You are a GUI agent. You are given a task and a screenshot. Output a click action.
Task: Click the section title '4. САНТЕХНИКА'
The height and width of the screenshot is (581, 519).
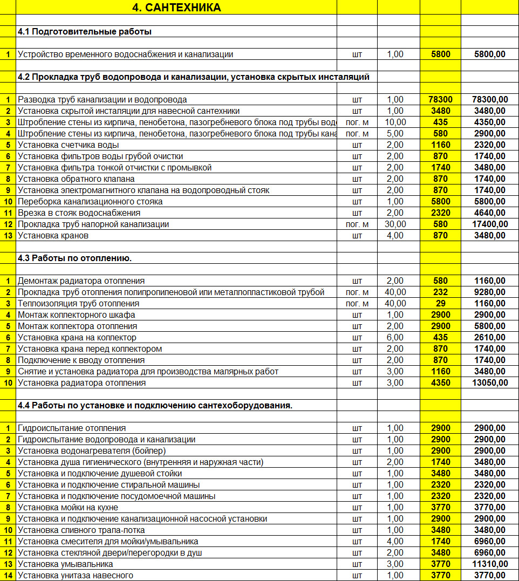176,8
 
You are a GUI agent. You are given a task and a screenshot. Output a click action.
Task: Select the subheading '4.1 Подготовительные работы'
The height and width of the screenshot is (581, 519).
85,31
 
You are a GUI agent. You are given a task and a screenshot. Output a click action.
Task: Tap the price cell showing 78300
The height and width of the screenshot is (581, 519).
440,99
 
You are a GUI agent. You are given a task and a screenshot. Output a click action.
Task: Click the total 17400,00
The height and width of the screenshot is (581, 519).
489,224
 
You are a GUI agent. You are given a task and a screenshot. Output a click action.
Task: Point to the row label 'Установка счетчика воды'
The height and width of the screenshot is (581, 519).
69,145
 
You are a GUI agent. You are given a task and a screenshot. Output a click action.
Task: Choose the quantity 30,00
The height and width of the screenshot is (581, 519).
395,224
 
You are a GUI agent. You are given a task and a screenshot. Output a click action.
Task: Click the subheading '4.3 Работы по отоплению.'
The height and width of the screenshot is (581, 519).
75,258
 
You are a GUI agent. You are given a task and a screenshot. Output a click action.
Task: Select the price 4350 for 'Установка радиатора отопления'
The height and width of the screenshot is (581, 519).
440,382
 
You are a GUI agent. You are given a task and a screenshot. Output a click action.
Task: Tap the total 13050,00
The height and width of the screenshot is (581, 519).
489,382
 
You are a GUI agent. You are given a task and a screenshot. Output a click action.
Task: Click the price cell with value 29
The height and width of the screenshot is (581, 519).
440,303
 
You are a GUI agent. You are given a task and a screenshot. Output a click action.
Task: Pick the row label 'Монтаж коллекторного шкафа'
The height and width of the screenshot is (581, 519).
77,315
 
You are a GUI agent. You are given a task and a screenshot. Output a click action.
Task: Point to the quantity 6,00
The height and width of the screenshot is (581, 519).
395,337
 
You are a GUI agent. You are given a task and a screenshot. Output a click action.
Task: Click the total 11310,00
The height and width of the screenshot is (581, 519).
489,564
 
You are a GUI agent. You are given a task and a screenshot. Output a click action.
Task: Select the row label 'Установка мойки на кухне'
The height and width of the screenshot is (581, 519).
68,507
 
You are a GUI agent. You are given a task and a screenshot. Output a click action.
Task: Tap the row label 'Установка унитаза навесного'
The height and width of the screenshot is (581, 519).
76,575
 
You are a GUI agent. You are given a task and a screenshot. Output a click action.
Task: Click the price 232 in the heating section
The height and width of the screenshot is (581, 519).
440,292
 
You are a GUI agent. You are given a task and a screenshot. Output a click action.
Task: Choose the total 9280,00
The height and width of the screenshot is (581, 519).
489,292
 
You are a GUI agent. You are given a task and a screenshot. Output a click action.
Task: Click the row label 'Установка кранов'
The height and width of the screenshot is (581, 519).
53,235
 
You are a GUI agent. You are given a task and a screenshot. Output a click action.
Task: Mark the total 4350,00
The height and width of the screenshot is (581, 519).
489,122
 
